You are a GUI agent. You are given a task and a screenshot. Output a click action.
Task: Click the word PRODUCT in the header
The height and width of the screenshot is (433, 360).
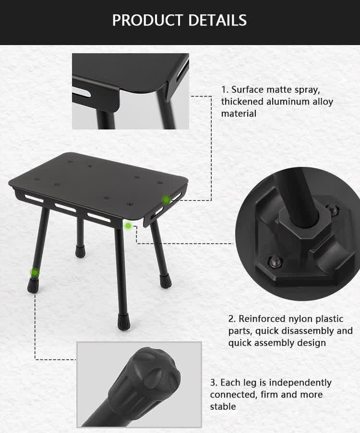pos(147,20)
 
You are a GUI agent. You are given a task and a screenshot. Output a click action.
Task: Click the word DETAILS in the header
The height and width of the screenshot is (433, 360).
pos(217,20)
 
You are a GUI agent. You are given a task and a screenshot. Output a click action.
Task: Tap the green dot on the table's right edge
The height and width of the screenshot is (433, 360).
pos(166,199)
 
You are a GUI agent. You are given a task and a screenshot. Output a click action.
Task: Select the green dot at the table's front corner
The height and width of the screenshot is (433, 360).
pos(128,226)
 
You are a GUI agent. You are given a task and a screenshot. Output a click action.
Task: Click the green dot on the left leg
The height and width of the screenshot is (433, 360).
pos(35,273)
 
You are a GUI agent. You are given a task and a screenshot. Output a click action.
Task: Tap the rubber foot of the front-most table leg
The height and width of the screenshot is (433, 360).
pos(123,322)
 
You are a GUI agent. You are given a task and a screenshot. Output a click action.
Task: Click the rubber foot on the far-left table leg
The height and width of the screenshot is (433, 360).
pos(33,285)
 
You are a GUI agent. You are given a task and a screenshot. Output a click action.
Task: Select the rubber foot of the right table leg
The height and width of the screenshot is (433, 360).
pos(165,281)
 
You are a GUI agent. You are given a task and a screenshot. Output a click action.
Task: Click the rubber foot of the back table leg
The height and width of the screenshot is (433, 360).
pos(80,251)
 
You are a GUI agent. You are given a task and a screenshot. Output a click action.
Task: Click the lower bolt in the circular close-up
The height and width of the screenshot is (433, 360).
pos(275,261)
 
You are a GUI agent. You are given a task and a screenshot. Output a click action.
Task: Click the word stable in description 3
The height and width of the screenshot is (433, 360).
pos(223,407)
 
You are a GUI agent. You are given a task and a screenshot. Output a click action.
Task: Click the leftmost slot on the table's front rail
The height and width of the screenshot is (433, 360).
pos(34,198)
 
